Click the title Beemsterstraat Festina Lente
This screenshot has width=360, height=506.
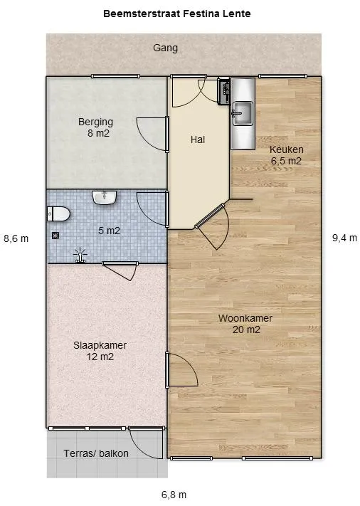tap(176, 14)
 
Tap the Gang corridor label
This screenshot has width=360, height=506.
tap(165, 48)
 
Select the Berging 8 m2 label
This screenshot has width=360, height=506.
tap(96, 127)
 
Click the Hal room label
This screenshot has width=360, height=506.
tap(198, 139)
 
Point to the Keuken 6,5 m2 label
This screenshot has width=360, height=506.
tap(287, 155)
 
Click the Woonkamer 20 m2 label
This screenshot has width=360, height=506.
tap(245, 324)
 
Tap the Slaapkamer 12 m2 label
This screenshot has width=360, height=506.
tap(100, 351)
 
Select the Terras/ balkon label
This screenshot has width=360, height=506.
tap(96, 453)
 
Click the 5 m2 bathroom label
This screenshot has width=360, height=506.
tap(109, 231)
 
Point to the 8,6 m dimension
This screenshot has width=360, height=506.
tap(16, 239)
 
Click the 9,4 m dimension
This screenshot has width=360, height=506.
tap(344, 238)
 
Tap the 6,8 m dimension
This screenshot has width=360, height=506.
tap(174, 495)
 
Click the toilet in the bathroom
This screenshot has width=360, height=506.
tap(58, 214)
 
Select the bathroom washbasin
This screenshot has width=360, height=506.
tap(104, 197)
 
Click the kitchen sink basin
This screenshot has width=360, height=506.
tap(243, 113)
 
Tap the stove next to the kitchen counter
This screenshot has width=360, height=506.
tap(223, 91)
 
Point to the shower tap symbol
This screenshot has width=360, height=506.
tap(80, 255)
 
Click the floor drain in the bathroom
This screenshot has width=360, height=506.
tap(55, 236)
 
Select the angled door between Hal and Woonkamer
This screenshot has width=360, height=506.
tap(211, 226)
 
